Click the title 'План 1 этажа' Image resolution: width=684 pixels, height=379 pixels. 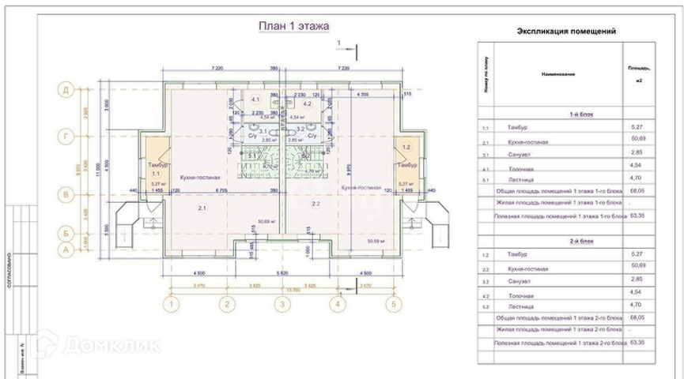294,26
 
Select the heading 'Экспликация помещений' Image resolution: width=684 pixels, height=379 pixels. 565,32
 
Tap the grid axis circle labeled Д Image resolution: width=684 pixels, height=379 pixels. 68,91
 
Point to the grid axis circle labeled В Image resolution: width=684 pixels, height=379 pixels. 68,192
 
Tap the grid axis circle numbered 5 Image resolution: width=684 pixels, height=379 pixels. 391,303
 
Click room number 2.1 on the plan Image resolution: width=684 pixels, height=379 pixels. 202,208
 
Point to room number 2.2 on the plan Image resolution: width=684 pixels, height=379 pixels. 316,204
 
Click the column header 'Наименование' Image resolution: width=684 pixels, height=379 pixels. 558,74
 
